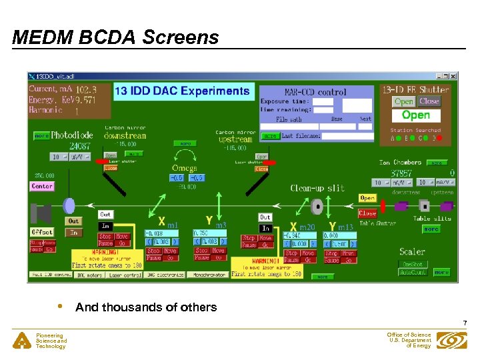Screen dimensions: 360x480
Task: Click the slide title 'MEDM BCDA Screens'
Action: (x=115, y=37)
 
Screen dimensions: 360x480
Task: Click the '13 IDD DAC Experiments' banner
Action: (x=182, y=91)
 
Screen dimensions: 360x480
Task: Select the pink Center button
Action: (x=42, y=186)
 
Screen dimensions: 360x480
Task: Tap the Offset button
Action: (x=41, y=231)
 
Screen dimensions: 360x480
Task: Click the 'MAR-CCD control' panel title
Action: (x=315, y=91)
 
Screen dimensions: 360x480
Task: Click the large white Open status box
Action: (x=415, y=115)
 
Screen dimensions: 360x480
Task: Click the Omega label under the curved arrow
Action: (x=184, y=167)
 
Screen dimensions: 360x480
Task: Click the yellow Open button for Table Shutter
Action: (x=367, y=198)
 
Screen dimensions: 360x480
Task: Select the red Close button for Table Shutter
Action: (x=367, y=213)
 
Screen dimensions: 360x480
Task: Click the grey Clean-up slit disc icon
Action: (x=317, y=206)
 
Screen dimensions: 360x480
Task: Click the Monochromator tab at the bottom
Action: (x=207, y=275)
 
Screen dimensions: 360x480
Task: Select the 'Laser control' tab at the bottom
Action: (x=124, y=275)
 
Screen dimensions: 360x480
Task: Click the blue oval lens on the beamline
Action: (x=69, y=205)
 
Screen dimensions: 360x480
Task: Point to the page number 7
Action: (x=464, y=323)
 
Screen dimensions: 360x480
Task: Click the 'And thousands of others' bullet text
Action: (x=146, y=307)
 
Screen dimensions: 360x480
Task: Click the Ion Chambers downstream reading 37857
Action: (x=403, y=173)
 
